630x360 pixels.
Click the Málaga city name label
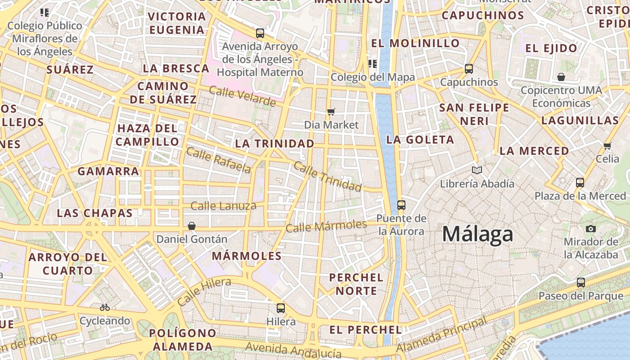[477, 234]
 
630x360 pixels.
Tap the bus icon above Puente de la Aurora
[401, 205]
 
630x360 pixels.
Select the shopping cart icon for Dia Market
[331, 112]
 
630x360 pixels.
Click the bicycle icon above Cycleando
[105, 307]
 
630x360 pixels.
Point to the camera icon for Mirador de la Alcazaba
[591, 229]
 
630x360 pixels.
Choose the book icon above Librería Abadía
[477, 170]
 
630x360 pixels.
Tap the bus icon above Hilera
[281, 308]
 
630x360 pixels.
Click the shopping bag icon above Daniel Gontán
[192, 225]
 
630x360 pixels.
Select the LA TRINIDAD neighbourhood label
[274, 144]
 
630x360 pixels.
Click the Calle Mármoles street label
[326, 226]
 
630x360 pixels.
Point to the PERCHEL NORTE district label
[356, 284]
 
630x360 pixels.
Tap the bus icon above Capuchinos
[469, 69]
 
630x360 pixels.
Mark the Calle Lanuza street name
[224, 206]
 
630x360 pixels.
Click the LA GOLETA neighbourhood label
[420, 139]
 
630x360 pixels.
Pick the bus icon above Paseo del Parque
[581, 283]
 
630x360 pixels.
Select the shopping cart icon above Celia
[607, 145]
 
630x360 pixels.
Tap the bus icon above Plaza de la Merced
[580, 183]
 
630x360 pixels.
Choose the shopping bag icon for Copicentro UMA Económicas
[561, 77]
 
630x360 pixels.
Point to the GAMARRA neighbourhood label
[108, 171]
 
